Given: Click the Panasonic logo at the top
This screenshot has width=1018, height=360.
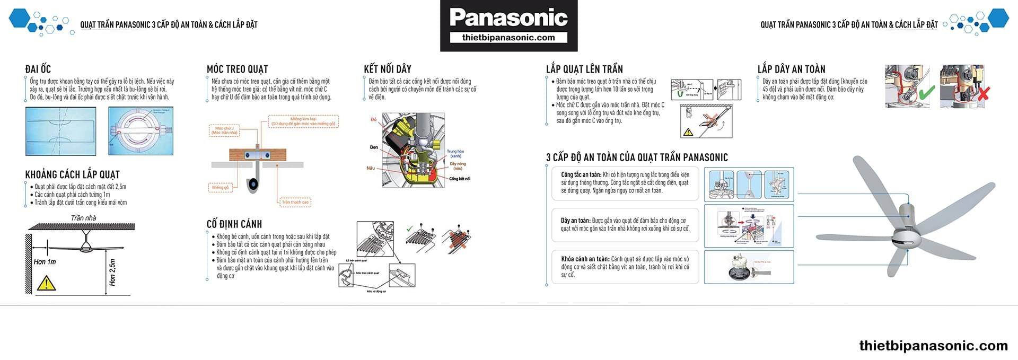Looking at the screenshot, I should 508,17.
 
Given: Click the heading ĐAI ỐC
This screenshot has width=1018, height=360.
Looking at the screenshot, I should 38,69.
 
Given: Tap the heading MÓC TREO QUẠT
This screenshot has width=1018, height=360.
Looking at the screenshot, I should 237,69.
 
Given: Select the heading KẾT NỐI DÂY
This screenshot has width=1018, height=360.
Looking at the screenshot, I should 388,69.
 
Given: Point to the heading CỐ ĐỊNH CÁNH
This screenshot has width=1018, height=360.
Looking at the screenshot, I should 234,224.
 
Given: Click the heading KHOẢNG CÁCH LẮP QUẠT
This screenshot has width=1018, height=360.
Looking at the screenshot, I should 73,174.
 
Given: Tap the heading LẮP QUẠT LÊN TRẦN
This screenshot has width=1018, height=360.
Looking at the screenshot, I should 584,69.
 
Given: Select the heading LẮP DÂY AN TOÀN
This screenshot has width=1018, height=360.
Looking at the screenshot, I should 791,69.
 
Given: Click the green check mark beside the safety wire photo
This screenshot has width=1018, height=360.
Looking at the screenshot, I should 926,93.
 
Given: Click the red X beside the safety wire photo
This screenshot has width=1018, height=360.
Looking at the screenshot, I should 983,94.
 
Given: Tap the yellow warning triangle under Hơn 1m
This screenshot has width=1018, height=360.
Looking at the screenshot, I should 46,283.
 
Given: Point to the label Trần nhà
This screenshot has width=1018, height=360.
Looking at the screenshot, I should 83,218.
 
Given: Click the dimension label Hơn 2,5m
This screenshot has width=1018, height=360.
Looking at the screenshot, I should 112,273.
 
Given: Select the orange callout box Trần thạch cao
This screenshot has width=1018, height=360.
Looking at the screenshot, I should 295,202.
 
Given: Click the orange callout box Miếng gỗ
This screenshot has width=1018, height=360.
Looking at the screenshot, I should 220,188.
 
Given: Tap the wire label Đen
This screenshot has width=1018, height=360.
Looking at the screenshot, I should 374,147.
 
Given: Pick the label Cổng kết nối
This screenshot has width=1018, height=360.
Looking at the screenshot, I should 460,179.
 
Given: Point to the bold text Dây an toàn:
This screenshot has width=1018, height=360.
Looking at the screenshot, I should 575,221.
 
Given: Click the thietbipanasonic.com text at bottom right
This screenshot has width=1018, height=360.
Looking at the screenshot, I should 933,346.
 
